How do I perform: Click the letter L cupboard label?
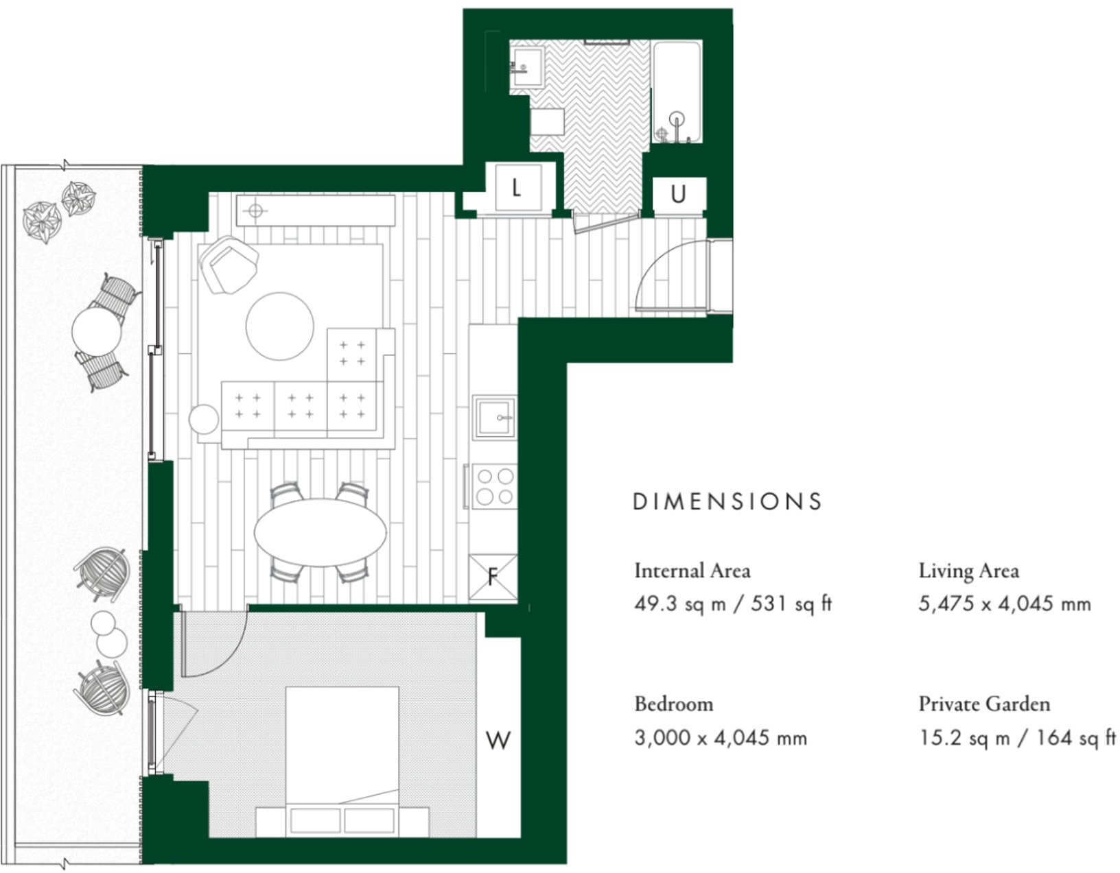point(516,187)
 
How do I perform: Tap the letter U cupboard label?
point(678,195)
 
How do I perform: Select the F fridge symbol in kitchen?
point(493,577)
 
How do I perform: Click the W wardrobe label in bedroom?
point(498,741)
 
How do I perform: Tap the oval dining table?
point(320,532)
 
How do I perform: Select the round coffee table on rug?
point(280,326)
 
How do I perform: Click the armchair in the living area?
point(229,265)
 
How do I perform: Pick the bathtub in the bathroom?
point(677,92)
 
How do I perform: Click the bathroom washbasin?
point(527,66)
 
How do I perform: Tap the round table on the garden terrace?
point(97,331)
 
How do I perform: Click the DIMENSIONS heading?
point(727,501)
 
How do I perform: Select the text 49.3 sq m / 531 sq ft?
point(733,604)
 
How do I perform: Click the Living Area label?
point(968,571)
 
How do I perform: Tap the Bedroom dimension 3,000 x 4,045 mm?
point(721,739)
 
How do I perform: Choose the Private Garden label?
point(984,704)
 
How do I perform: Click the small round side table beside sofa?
point(204,419)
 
